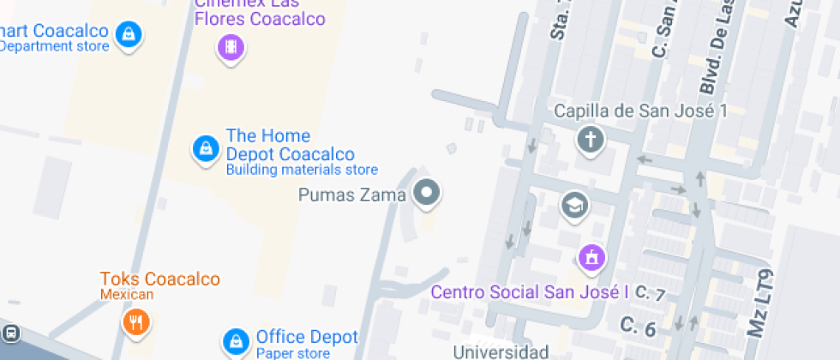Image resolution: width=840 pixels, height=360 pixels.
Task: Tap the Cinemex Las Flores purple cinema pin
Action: pyautogui.click(x=229, y=46)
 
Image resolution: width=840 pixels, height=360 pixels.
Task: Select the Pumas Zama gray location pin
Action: pyautogui.click(x=426, y=193)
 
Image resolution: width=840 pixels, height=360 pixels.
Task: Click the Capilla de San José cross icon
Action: pyautogui.click(x=590, y=139)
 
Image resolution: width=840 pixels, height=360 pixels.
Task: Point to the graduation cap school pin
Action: pyautogui.click(x=574, y=204)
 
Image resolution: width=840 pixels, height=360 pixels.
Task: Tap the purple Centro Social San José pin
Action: pyautogui.click(x=591, y=255)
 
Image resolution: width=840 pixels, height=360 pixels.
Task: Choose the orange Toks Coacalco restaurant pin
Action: pyautogui.click(x=135, y=321)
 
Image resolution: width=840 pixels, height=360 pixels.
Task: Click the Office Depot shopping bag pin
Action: pyautogui.click(x=235, y=341)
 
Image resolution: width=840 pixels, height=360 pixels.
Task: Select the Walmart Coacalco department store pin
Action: pyautogui.click(x=129, y=35)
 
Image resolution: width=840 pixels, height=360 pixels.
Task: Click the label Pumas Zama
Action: pyautogui.click(x=351, y=195)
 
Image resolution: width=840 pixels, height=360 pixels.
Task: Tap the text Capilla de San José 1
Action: pyautogui.click(x=641, y=111)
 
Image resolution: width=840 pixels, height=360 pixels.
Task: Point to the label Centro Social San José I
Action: pyautogui.click(x=524, y=292)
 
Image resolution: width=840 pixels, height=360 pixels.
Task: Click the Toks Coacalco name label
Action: pyautogui.click(x=160, y=279)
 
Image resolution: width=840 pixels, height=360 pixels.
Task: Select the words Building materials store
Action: pyautogui.click(x=301, y=170)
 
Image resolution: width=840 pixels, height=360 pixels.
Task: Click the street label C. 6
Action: pyautogui.click(x=638, y=327)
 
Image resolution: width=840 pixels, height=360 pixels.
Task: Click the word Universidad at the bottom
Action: pyautogui.click(x=501, y=351)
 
